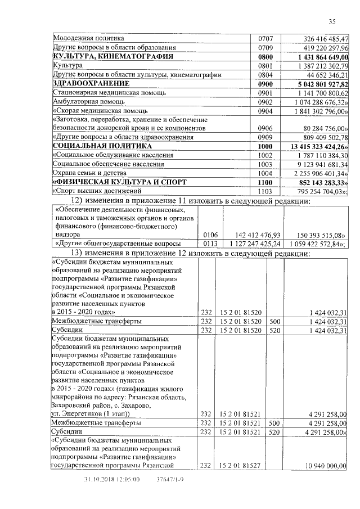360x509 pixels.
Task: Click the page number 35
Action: pyautogui.click(x=332, y=21)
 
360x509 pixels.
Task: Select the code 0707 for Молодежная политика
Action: pyautogui.click(x=265, y=39)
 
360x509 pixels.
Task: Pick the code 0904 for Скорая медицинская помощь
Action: pyautogui.click(x=265, y=111)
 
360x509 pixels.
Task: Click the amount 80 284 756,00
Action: pyautogui.click(x=323, y=128)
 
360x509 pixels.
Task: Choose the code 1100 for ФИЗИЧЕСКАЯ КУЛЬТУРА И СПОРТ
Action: pyautogui.click(x=265, y=183)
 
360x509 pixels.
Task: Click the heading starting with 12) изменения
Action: pyautogui.click(x=196, y=201)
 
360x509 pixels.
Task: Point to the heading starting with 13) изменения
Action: pyautogui.click(x=196, y=253)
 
